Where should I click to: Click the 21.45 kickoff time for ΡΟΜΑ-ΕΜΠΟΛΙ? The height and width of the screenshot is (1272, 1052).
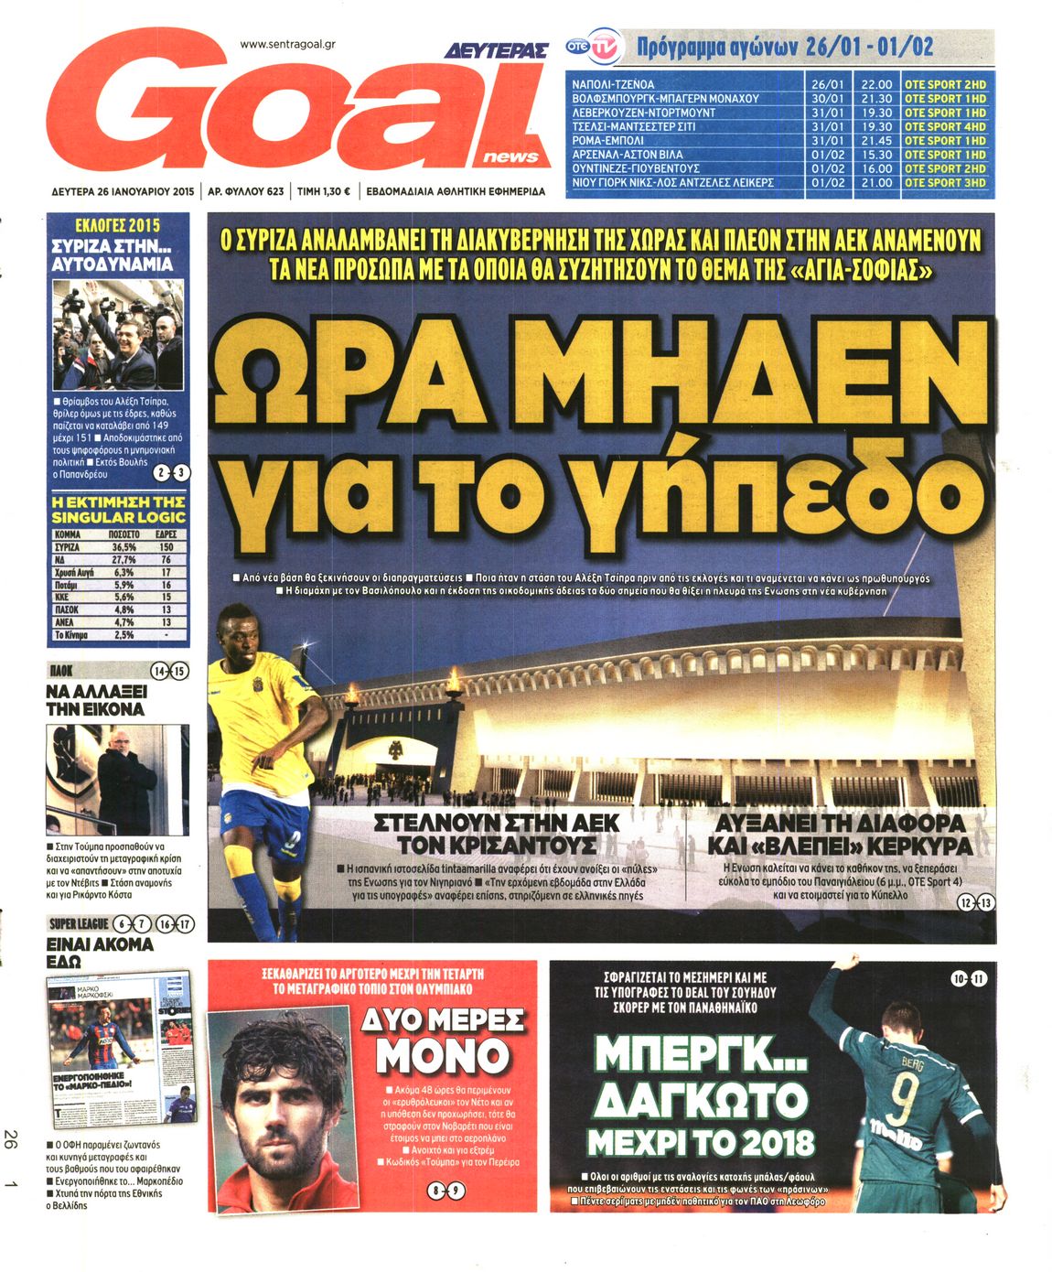[876, 141]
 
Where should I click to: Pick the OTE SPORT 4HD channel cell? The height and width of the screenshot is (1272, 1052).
[945, 126]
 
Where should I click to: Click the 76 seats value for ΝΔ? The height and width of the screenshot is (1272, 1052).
[166, 559]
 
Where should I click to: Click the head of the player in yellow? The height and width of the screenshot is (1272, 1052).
[237, 631]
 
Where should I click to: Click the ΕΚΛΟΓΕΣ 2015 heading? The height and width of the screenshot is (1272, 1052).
[118, 225]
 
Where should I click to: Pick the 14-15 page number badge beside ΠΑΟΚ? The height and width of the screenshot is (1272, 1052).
[168, 672]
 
